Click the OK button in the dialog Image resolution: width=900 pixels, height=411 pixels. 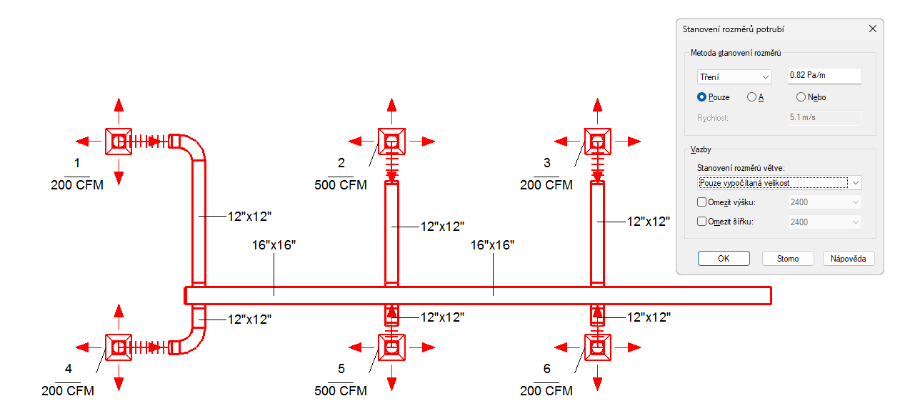pyautogui.click(x=724, y=259)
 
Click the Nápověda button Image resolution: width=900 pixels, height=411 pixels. pyautogui.click(x=849, y=259)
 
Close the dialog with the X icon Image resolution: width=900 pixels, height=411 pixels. pyautogui.click(x=872, y=29)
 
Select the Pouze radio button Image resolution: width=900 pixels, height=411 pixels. pyautogui.click(x=702, y=97)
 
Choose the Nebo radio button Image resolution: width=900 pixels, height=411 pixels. pyautogui.click(x=801, y=97)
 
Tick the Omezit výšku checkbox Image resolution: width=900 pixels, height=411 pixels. pyautogui.click(x=701, y=202)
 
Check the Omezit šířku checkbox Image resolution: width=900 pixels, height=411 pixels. pyautogui.click(x=701, y=222)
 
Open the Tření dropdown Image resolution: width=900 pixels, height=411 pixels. pyautogui.click(x=734, y=76)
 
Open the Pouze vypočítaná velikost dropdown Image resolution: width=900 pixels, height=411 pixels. pyautogui.click(x=779, y=183)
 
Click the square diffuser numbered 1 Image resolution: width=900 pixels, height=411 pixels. pyautogui.click(x=119, y=142)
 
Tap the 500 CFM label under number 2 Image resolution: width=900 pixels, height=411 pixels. pyautogui.click(x=341, y=185)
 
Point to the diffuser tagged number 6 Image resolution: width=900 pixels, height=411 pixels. pyautogui.click(x=598, y=347)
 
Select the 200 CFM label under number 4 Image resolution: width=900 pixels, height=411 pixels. pyautogui.click(x=68, y=391)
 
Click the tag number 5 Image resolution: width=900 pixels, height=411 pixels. pyautogui.click(x=341, y=369)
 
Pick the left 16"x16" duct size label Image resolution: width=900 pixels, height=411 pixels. pyautogui.click(x=274, y=245)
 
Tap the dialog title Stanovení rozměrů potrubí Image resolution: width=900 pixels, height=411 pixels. pyautogui.click(x=734, y=29)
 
